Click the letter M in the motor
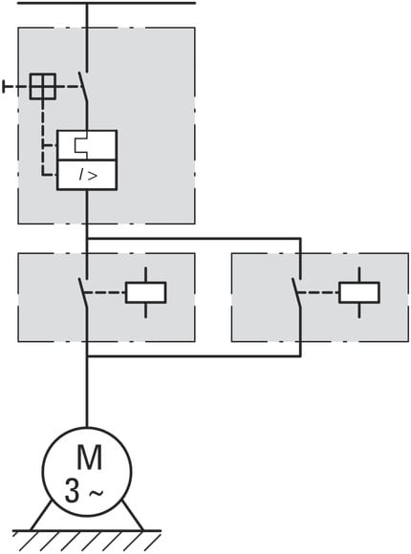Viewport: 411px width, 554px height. [90, 458]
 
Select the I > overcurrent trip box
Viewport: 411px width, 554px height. [87, 175]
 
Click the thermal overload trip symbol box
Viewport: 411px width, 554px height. [87, 145]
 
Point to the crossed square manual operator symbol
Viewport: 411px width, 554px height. [42, 86]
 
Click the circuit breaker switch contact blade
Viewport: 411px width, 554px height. [83, 86]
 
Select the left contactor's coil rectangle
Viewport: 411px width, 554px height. [145, 292]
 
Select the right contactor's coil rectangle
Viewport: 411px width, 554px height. [359, 292]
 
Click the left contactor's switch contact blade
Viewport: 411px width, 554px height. [83, 293]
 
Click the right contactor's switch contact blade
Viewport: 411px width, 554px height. [296, 293]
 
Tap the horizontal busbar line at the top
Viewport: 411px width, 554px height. [106, 3]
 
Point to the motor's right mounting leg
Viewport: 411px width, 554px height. [134, 516]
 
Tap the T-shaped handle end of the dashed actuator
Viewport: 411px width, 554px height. [4, 86]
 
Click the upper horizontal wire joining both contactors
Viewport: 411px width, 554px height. [194, 239]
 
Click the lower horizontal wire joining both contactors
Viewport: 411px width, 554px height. [194, 356]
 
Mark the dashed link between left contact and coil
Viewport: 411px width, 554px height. [105, 292]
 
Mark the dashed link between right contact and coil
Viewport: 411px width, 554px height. [318, 292]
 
